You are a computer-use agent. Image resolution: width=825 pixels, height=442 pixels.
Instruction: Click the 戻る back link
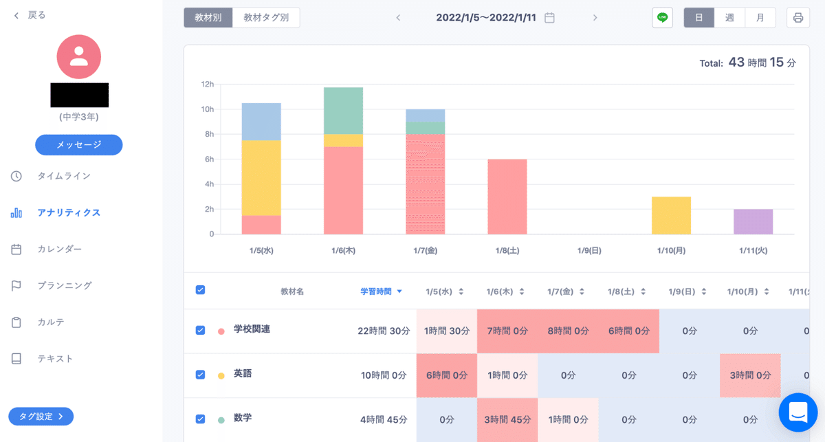(30, 15)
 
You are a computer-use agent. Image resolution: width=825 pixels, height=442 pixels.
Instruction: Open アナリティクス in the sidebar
(69, 212)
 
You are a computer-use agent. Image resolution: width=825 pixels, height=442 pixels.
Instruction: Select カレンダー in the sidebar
(59, 249)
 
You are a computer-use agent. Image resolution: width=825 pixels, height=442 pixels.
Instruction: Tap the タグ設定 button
(41, 416)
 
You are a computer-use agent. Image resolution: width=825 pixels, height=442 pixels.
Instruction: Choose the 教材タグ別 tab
(266, 17)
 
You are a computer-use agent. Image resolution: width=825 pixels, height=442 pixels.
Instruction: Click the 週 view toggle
(729, 17)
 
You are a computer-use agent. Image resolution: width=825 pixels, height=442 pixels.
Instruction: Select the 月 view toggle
(760, 17)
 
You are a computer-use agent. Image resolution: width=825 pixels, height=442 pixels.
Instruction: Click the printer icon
(797, 17)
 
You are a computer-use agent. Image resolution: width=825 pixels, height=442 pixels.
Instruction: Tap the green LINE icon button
(662, 17)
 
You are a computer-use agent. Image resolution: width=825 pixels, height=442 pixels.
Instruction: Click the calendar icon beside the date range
(549, 18)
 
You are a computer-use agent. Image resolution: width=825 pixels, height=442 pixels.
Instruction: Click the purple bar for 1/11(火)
(753, 221)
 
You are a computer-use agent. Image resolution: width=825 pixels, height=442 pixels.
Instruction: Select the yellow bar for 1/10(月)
(671, 215)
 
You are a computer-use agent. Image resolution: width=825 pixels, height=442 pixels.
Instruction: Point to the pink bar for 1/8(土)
(507, 197)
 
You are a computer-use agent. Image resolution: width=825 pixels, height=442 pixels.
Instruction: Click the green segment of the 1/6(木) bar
(343, 111)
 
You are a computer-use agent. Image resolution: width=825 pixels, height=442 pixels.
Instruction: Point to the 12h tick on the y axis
(207, 85)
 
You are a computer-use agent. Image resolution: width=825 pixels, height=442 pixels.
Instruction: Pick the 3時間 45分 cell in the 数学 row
(507, 419)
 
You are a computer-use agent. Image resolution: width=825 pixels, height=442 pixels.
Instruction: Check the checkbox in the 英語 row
(200, 375)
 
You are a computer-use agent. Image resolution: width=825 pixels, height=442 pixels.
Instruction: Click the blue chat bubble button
(797, 412)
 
